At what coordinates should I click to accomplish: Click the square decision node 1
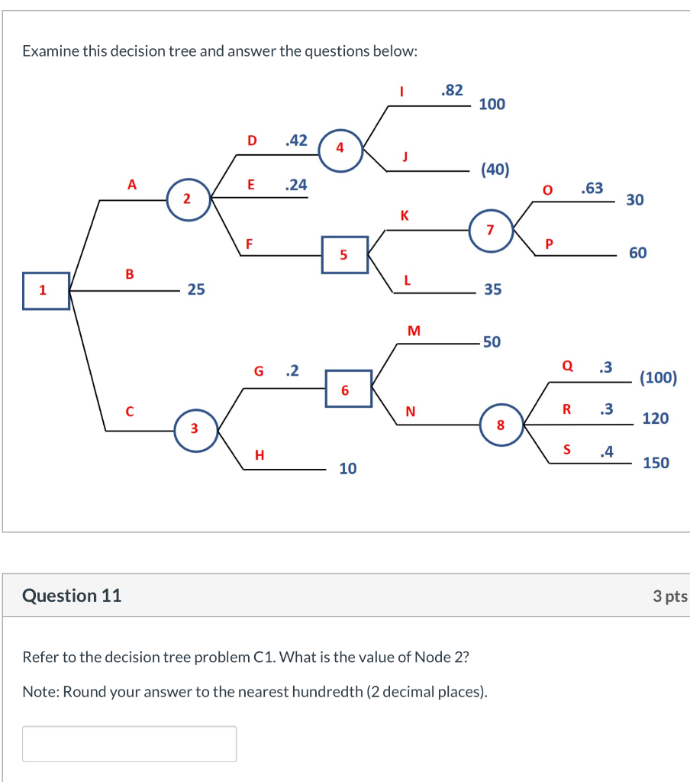tap(46, 291)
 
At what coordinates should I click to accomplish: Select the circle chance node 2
tap(189, 199)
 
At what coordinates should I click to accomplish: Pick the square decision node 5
tap(344, 254)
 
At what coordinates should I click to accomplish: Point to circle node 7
tap(490, 227)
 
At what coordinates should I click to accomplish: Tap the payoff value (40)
tap(495, 170)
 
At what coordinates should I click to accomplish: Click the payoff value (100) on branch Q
tap(658, 377)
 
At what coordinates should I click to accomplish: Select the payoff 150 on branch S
tap(656, 463)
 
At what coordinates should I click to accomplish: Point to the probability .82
tap(452, 90)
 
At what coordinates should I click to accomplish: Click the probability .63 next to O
tap(592, 188)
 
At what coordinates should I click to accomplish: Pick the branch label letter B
tap(129, 273)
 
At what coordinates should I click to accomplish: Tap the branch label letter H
tap(260, 455)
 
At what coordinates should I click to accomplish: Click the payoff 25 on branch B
tap(196, 289)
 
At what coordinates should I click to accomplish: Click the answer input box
tap(129, 743)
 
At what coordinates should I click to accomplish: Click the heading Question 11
tap(72, 596)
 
